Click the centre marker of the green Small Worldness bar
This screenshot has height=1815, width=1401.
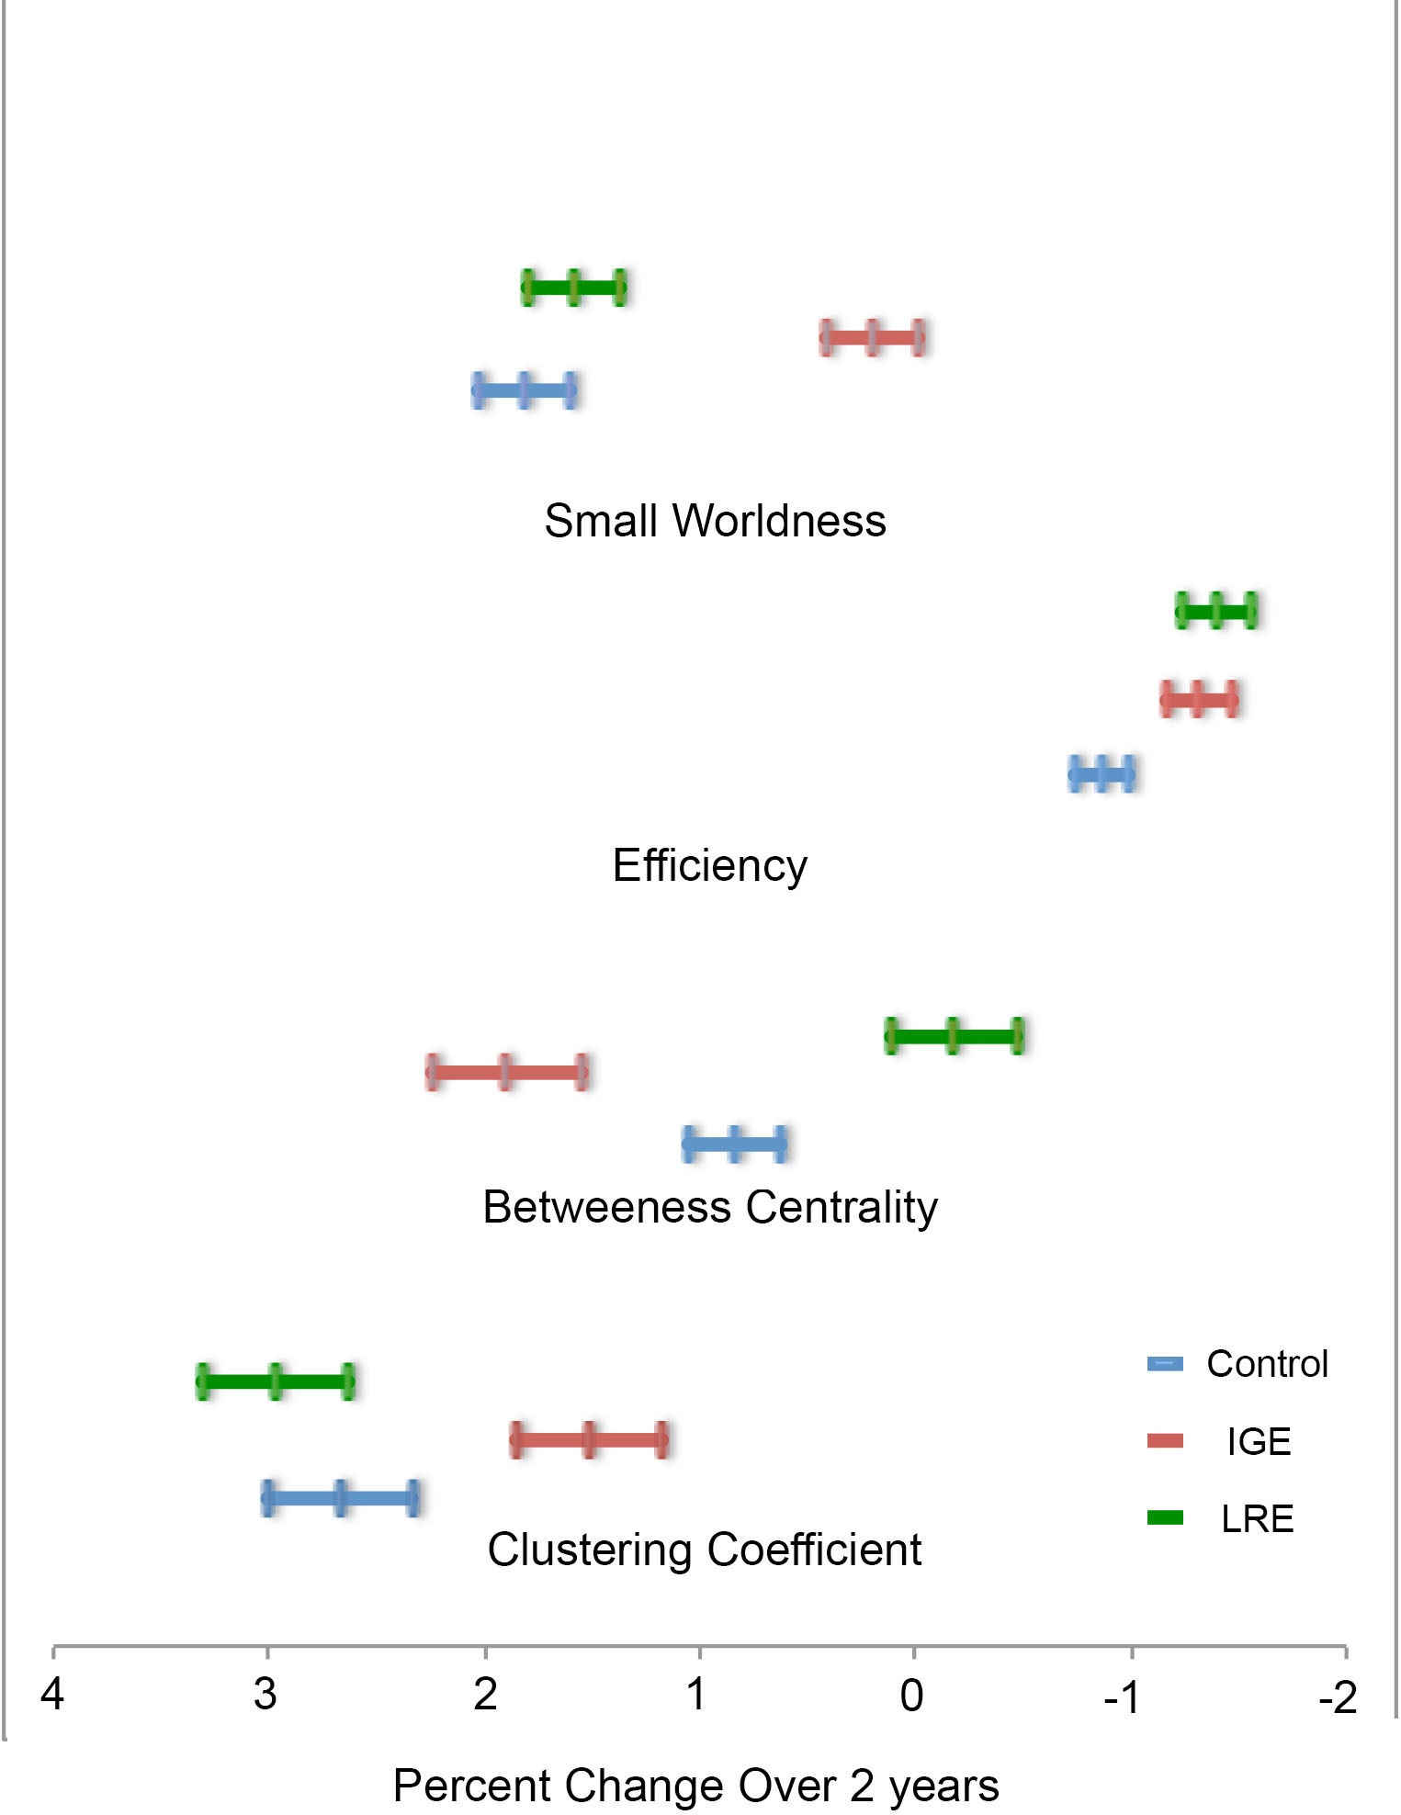pyautogui.click(x=574, y=287)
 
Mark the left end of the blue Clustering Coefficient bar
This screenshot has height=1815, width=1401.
pyautogui.click(x=267, y=1498)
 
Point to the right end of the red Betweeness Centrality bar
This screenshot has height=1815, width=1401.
pyautogui.click(x=582, y=1072)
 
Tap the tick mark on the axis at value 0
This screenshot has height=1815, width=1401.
pyautogui.click(x=914, y=1652)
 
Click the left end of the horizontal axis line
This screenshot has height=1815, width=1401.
pyautogui.click(x=53, y=1646)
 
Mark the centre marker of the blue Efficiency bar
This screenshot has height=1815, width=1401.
pyautogui.click(x=1102, y=774)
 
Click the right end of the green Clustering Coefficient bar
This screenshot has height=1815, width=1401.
pyautogui.click(x=348, y=1381)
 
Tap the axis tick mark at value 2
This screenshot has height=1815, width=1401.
pyautogui.click(x=485, y=1652)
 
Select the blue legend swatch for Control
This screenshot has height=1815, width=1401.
pyautogui.click(x=1166, y=1363)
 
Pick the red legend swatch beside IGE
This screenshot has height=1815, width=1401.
pyautogui.click(x=1166, y=1440)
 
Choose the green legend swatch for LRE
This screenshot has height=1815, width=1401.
pyautogui.click(x=1166, y=1517)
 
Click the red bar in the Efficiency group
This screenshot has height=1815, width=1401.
pyautogui.click(x=1199, y=700)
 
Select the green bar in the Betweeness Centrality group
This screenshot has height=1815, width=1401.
pyautogui.click(x=955, y=1036)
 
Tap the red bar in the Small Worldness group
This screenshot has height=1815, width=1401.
pyautogui.click(x=872, y=338)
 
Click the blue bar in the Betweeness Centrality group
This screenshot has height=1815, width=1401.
pyautogui.click(x=735, y=1144)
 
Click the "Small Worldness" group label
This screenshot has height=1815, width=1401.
pyautogui.click(x=715, y=521)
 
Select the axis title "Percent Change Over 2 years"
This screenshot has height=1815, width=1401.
pyautogui.click(x=695, y=1786)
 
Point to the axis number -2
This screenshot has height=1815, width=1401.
pyautogui.click(x=1337, y=1698)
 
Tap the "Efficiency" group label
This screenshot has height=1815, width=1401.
pyautogui.click(x=709, y=865)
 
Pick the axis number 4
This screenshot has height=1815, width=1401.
pyautogui.click(x=52, y=1695)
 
